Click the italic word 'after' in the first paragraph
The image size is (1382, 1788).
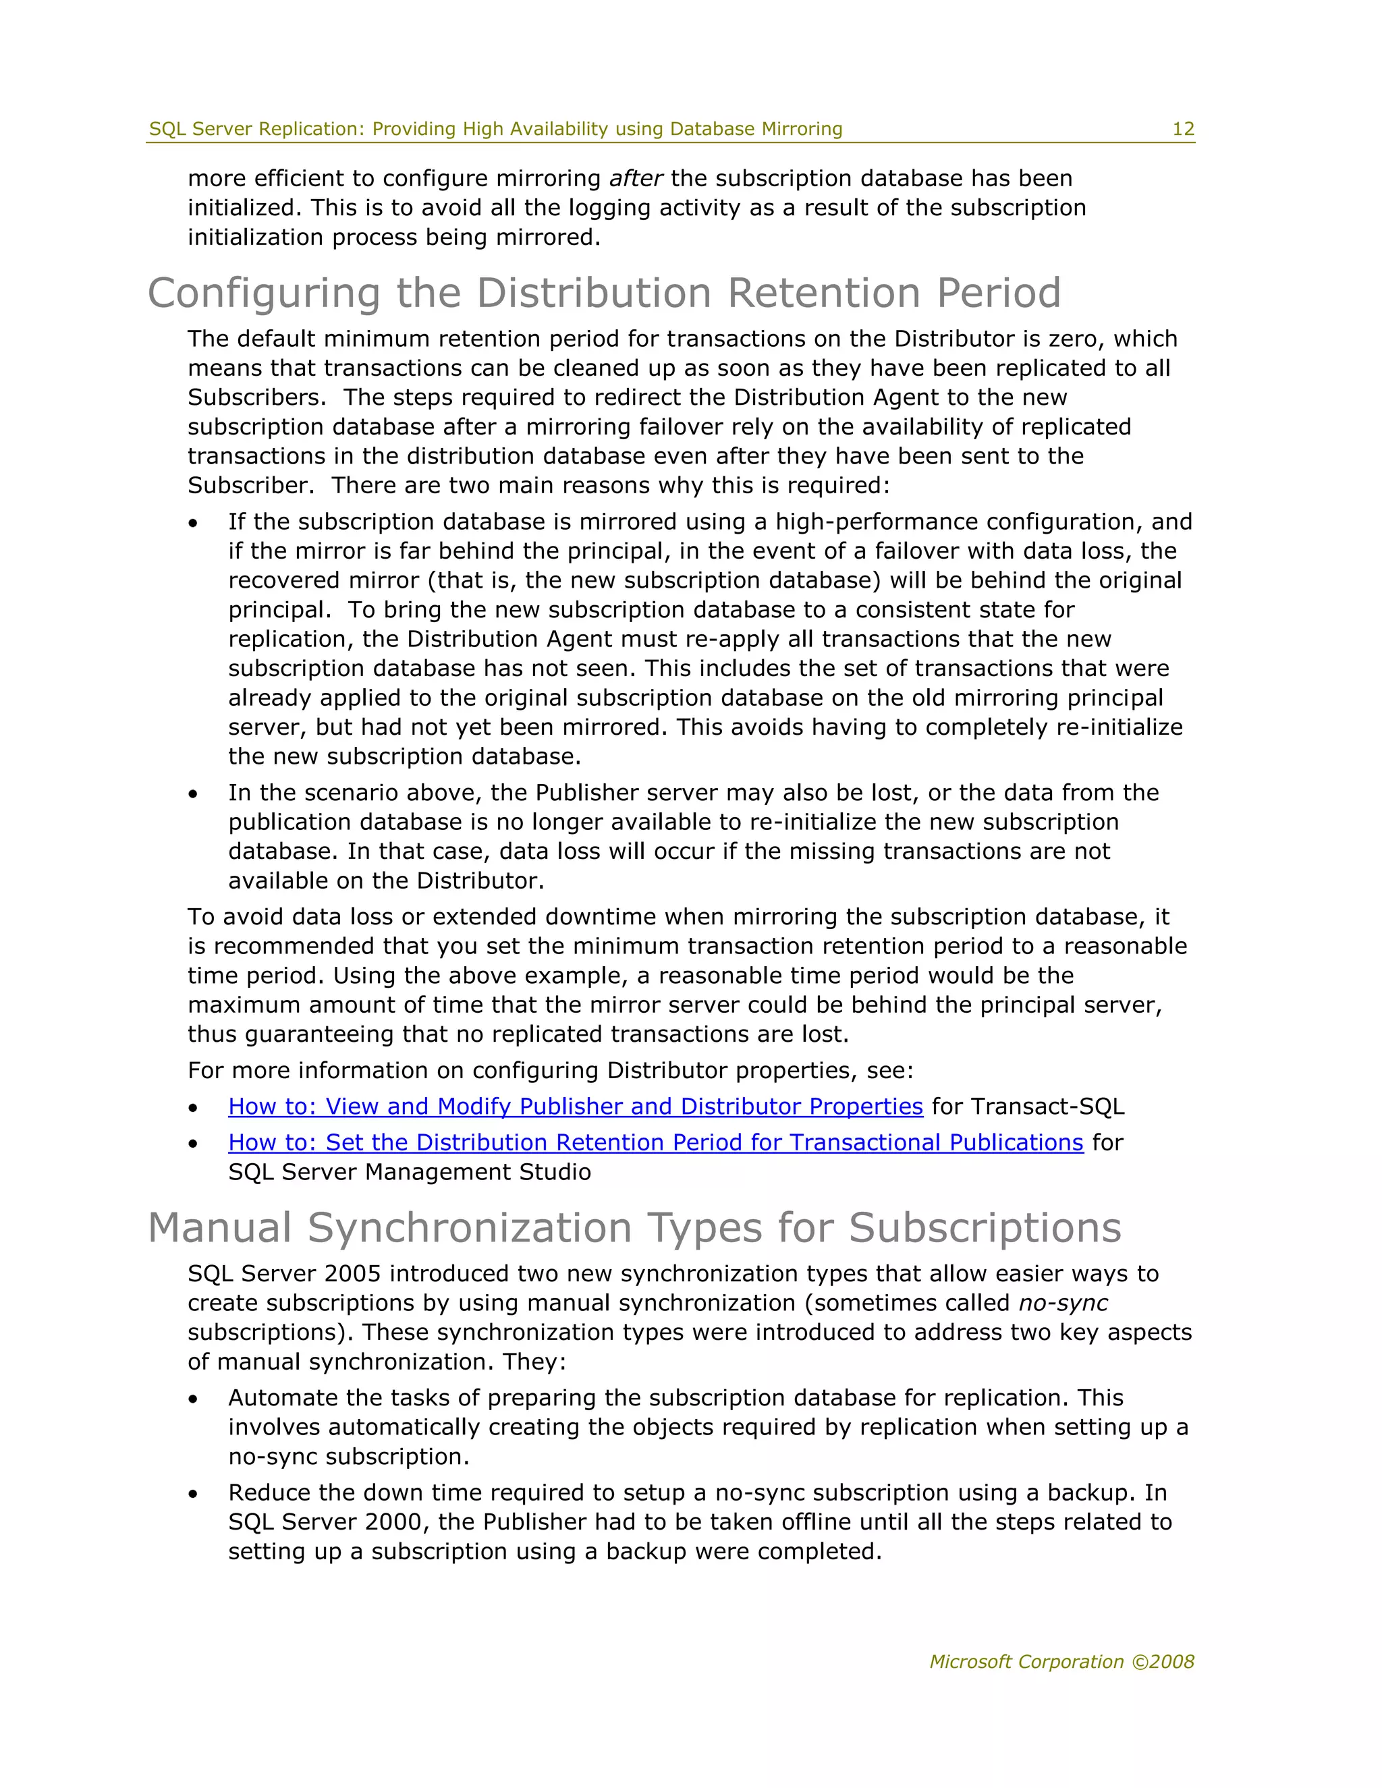tap(635, 179)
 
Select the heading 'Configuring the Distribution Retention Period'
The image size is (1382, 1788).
tap(604, 293)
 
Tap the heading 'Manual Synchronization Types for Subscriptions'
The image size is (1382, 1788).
tap(634, 1228)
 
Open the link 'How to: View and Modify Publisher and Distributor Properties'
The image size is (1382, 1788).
tap(575, 1106)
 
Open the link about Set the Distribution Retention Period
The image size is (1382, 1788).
tap(655, 1142)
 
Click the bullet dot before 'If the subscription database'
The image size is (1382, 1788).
tap(193, 523)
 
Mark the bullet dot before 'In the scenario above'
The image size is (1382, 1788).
tap(193, 794)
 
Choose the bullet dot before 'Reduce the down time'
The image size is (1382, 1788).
tap(193, 1494)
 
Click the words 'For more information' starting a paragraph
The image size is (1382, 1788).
tap(295, 1070)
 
